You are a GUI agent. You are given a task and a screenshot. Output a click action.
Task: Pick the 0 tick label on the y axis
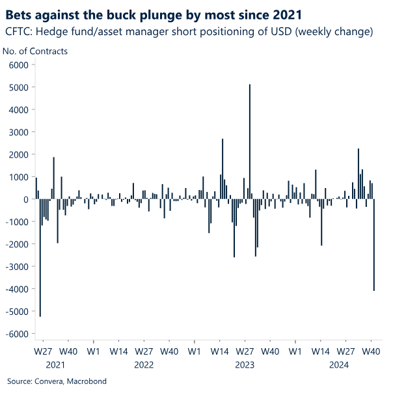pos(27,199)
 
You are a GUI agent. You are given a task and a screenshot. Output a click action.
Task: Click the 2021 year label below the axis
pos(55,364)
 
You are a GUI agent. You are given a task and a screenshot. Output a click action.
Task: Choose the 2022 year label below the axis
pos(144,364)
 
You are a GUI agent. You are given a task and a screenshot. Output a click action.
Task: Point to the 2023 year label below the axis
pos(245,364)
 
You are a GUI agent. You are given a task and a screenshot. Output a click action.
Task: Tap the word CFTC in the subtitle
pos(18,32)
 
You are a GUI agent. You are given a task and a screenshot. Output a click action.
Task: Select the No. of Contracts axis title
pos(35,50)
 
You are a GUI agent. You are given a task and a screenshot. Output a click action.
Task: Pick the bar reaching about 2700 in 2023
pos(223,169)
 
